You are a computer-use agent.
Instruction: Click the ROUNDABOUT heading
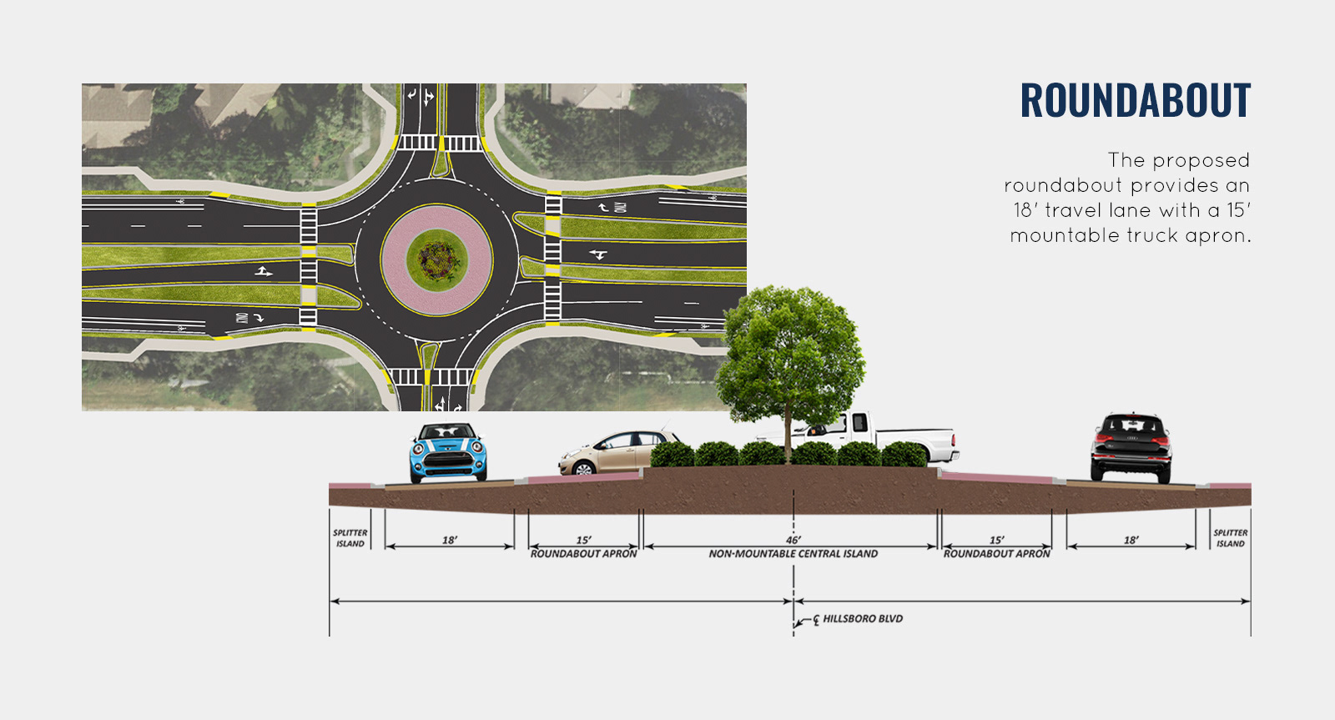tap(1135, 101)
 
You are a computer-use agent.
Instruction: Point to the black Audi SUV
tap(1131, 447)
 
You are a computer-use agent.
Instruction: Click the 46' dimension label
tap(793, 540)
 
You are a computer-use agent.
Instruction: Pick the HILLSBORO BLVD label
tap(862, 619)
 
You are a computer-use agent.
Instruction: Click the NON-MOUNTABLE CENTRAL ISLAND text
tap(793, 554)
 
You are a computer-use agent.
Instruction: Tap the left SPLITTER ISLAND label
tap(350, 538)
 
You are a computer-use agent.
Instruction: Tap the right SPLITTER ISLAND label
tap(1230, 538)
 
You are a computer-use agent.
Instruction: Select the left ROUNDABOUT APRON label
tap(583, 554)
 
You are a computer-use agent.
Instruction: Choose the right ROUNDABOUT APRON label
tap(996, 554)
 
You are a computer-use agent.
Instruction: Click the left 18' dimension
tap(449, 540)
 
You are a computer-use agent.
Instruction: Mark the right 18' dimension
tap(1131, 540)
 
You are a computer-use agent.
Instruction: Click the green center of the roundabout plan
tap(436, 260)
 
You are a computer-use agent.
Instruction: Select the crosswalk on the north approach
tap(439, 143)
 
